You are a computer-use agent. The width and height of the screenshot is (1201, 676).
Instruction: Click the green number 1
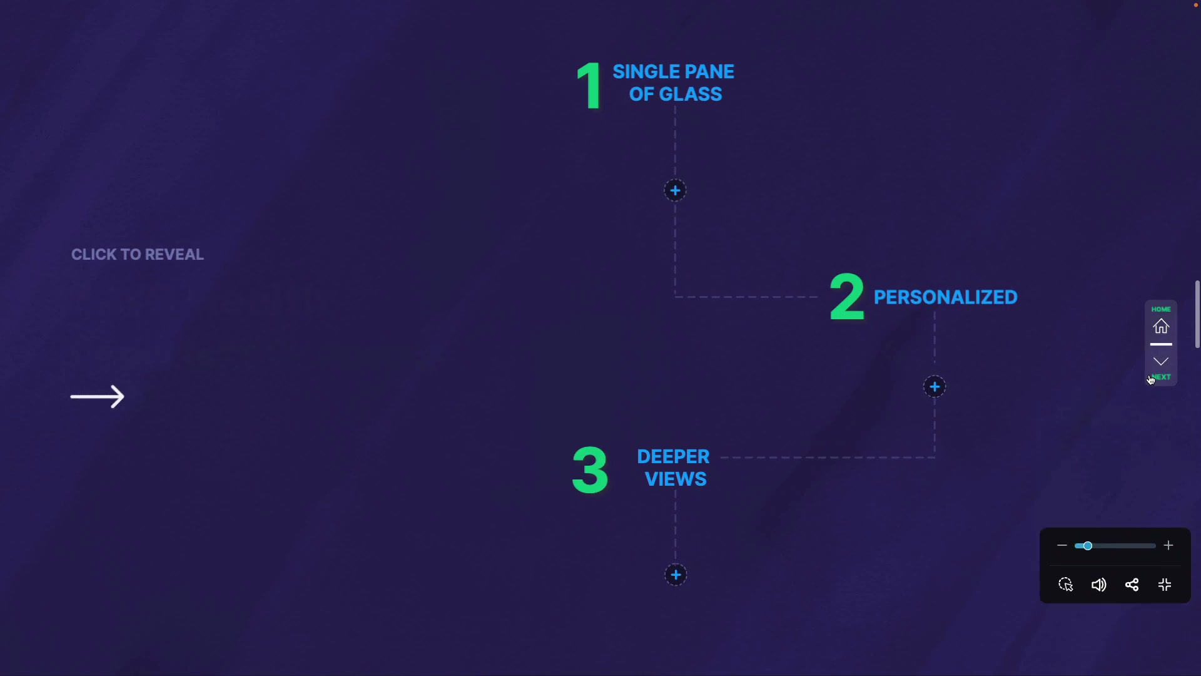click(589, 86)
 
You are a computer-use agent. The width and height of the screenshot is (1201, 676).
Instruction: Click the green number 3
click(590, 469)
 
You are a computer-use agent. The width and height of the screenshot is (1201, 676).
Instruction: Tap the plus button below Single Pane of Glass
click(675, 190)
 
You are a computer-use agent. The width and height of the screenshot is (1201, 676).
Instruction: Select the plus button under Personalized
click(935, 387)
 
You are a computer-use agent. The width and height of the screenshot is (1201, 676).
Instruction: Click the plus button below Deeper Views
click(676, 575)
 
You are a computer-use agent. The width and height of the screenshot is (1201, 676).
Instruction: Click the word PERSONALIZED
click(945, 297)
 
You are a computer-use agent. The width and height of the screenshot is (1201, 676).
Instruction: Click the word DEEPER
click(673, 456)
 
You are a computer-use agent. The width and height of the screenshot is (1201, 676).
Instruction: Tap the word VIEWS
click(676, 479)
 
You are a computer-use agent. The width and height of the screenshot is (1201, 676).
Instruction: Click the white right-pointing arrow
click(98, 396)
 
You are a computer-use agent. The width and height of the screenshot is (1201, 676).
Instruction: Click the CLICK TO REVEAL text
click(138, 255)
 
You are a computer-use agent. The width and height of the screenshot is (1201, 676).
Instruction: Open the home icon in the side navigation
click(1161, 326)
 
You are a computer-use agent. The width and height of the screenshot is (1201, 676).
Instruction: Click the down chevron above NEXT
click(1161, 361)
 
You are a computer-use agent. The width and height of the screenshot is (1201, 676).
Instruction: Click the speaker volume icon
click(1098, 585)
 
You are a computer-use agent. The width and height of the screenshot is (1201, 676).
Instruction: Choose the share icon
click(1132, 585)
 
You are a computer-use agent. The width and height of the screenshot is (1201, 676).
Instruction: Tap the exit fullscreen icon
click(1165, 585)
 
